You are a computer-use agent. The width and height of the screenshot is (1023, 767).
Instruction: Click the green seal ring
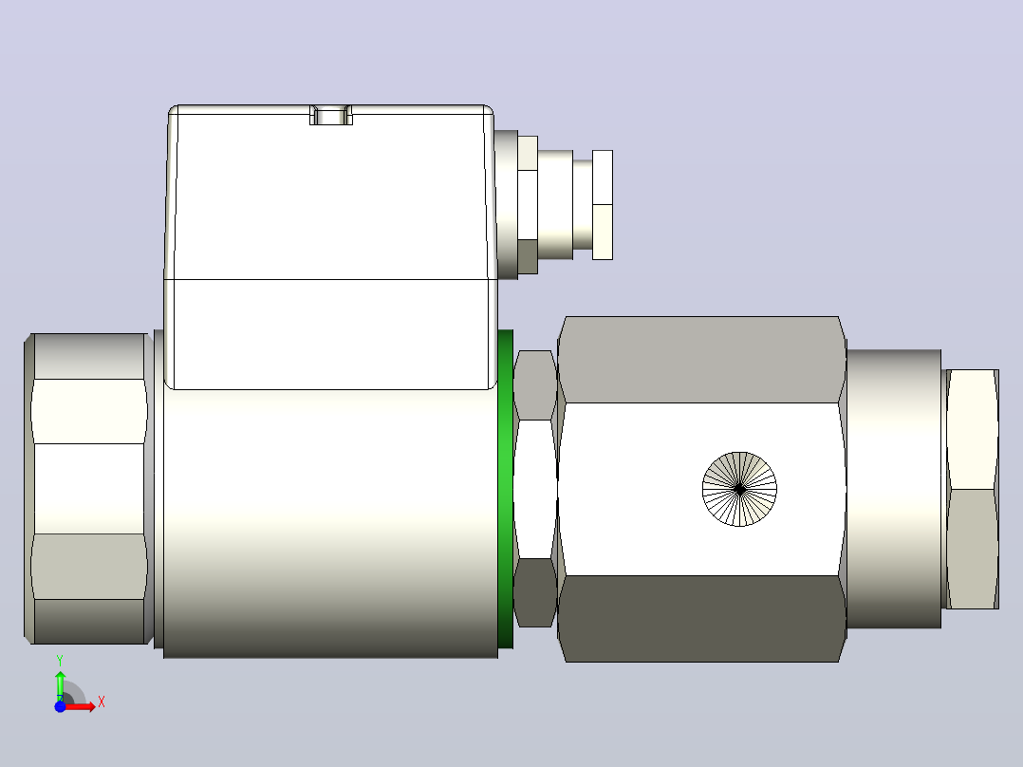click(x=505, y=489)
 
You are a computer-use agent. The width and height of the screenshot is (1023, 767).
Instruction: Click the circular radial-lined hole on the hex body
click(x=739, y=489)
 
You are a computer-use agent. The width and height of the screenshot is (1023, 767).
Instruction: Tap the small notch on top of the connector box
click(x=331, y=115)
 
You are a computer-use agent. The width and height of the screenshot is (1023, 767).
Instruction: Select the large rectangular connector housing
click(x=331, y=247)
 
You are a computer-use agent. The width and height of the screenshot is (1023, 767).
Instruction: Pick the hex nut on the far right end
click(x=972, y=489)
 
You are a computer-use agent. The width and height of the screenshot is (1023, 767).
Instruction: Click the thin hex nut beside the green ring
click(x=535, y=489)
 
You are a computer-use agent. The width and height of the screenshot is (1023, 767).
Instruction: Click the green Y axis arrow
click(x=60, y=685)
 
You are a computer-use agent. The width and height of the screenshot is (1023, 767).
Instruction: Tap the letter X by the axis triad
click(x=102, y=702)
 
